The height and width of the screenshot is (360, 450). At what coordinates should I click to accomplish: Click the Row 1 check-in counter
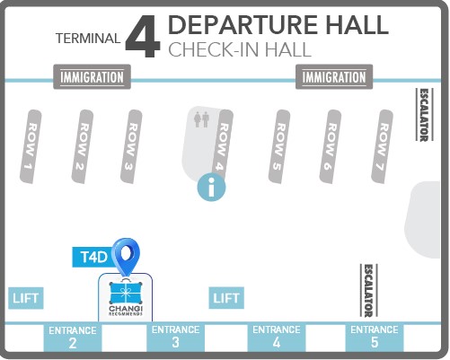click(x=31, y=146)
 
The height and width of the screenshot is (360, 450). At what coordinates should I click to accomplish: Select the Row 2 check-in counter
click(x=83, y=146)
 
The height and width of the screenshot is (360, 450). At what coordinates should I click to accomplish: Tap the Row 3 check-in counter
click(x=131, y=146)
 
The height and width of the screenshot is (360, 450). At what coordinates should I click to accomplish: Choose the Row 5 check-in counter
click(x=279, y=146)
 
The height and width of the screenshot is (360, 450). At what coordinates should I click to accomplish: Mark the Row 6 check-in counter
click(x=331, y=146)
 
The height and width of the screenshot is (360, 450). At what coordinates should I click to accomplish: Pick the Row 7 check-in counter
click(x=382, y=146)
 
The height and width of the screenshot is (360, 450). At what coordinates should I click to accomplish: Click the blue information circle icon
click(x=211, y=188)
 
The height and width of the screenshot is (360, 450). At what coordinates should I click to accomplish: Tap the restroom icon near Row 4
click(x=201, y=119)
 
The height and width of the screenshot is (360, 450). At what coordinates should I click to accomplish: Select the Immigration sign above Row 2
click(x=92, y=77)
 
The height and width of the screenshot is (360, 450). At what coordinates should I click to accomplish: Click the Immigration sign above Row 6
click(x=334, y=77)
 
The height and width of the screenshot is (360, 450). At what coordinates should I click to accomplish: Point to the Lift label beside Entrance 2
click(x=26, y=298)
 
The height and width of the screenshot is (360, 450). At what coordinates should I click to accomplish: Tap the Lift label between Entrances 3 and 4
click(x=226, y=298)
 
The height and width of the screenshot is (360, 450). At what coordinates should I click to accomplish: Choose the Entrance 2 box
click(x=73, y=338)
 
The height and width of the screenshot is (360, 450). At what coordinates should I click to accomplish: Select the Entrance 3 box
click(x=176, y=338)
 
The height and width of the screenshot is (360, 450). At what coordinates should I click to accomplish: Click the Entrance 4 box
click(x=277, y=338)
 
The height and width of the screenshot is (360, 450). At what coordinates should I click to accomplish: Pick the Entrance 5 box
click(x=375, y=338)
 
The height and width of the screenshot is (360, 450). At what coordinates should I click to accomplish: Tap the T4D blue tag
click(x=93, y=257)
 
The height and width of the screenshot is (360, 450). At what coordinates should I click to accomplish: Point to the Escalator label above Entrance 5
click(x=368, y=290)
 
